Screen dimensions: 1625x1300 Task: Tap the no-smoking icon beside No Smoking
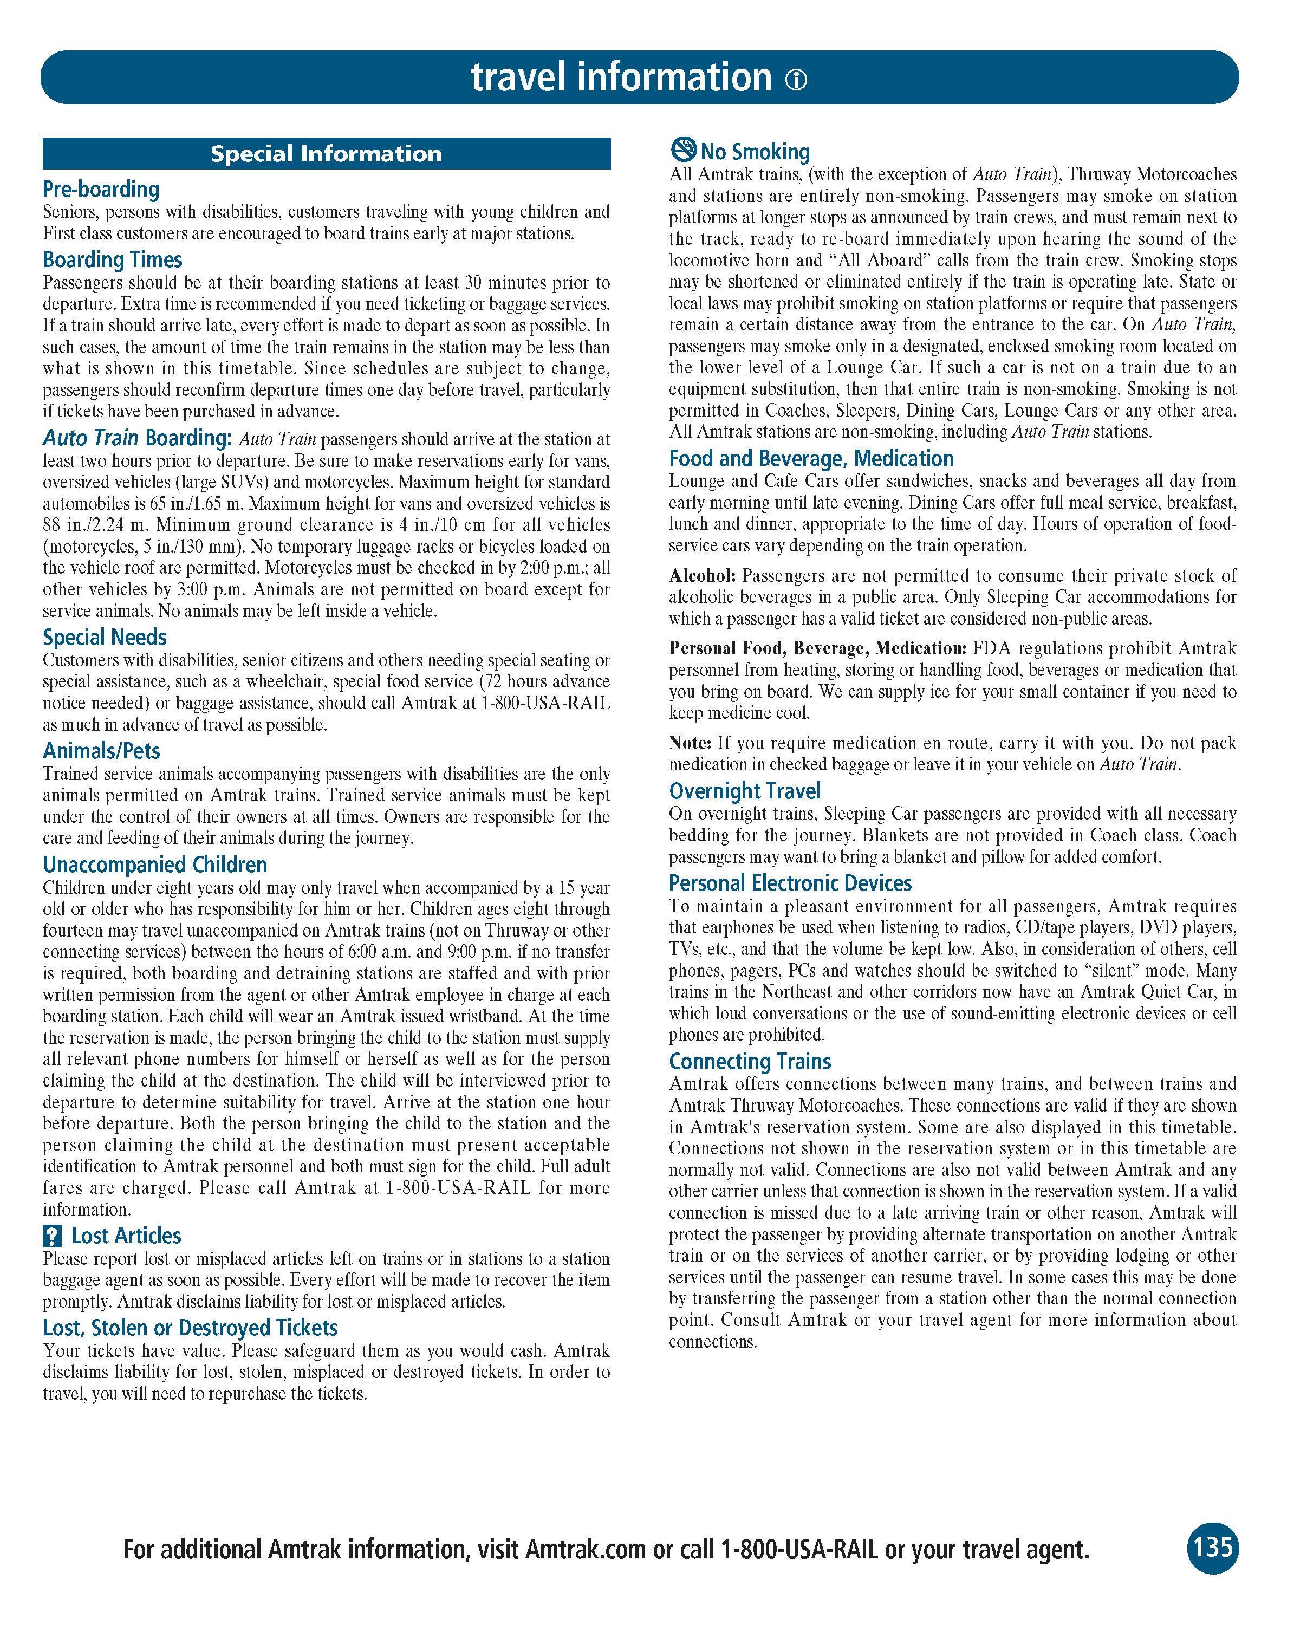pos(683,149)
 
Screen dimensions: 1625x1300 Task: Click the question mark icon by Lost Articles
pos(52,1236)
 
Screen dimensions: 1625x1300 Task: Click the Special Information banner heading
pos(326,154)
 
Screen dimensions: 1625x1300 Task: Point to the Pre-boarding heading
pos(101,189)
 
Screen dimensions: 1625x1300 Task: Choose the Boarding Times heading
pos(112,260)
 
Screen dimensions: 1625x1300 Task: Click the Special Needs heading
pos(105,638)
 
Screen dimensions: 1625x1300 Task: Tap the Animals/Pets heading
pos(102,751)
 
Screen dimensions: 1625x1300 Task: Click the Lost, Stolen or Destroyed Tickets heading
pos(190,1327)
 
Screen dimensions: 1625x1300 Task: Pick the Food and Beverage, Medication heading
pos(811,458)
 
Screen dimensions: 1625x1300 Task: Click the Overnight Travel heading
pos(745,791)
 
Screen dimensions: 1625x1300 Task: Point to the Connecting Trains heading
pos(750,1061)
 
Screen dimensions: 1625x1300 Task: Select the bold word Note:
pos(690,743)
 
